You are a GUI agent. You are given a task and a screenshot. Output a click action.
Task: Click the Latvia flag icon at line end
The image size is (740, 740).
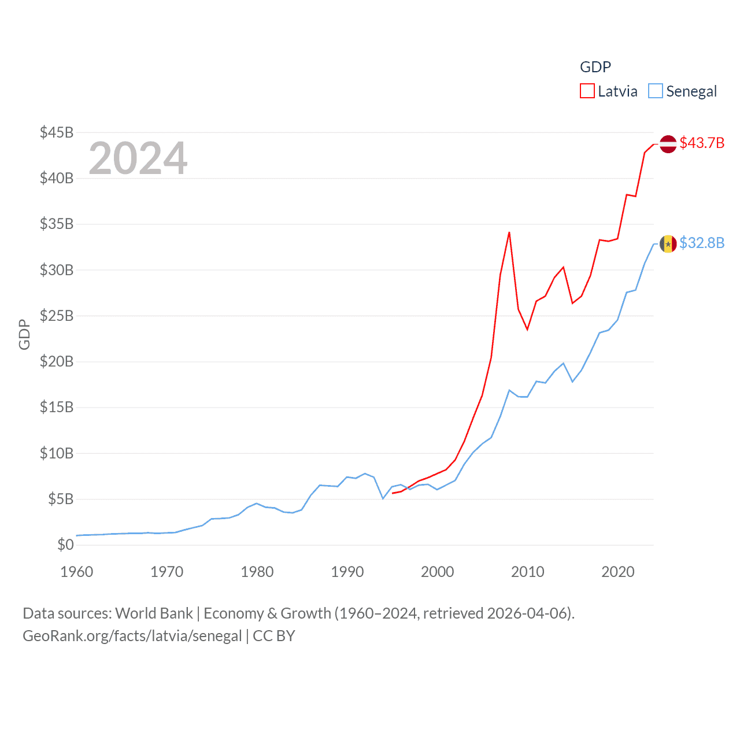coord(668,144)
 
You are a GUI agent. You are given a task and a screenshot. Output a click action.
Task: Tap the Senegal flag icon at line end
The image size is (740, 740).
coord(668,244)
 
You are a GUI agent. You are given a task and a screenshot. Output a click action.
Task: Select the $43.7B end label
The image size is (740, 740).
coord(702,143)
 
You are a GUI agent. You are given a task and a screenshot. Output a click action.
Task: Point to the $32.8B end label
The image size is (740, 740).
coord(702,243)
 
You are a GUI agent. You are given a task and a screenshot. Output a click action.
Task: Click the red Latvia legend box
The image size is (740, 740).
coord(587,91)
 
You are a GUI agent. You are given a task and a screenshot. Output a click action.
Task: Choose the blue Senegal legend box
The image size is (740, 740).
coord(655,91)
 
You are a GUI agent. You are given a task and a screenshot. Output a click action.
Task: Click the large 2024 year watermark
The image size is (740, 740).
coord(138,158)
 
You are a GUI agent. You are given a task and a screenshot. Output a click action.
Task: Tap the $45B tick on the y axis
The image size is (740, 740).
coord(57,132)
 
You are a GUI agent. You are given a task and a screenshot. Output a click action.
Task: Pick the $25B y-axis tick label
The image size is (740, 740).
coord(57,316)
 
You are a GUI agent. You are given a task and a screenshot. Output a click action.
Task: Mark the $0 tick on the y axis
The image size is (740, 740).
coord(65,545)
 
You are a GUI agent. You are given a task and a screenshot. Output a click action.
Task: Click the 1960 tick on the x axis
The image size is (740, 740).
coord(77,572)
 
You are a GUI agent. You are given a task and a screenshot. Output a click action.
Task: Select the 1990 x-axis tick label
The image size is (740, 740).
coord(347,572)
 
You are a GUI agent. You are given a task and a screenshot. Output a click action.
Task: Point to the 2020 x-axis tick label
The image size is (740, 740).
coord(618,572)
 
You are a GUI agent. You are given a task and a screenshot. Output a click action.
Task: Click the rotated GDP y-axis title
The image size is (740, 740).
coord(24,334)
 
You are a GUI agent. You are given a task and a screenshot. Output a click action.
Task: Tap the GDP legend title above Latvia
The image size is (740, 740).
coord(595,67)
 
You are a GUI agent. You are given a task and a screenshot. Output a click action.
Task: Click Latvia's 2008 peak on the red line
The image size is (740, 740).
coord(509,232)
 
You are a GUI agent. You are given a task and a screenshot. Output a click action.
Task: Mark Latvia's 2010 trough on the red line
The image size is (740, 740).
coord(527,330)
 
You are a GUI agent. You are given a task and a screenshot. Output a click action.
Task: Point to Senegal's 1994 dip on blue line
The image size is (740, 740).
coord(383,498)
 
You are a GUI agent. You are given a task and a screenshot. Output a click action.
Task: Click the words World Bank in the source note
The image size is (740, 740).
coord(154,613)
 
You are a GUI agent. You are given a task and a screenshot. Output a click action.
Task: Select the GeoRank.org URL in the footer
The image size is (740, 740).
coord(132,636)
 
